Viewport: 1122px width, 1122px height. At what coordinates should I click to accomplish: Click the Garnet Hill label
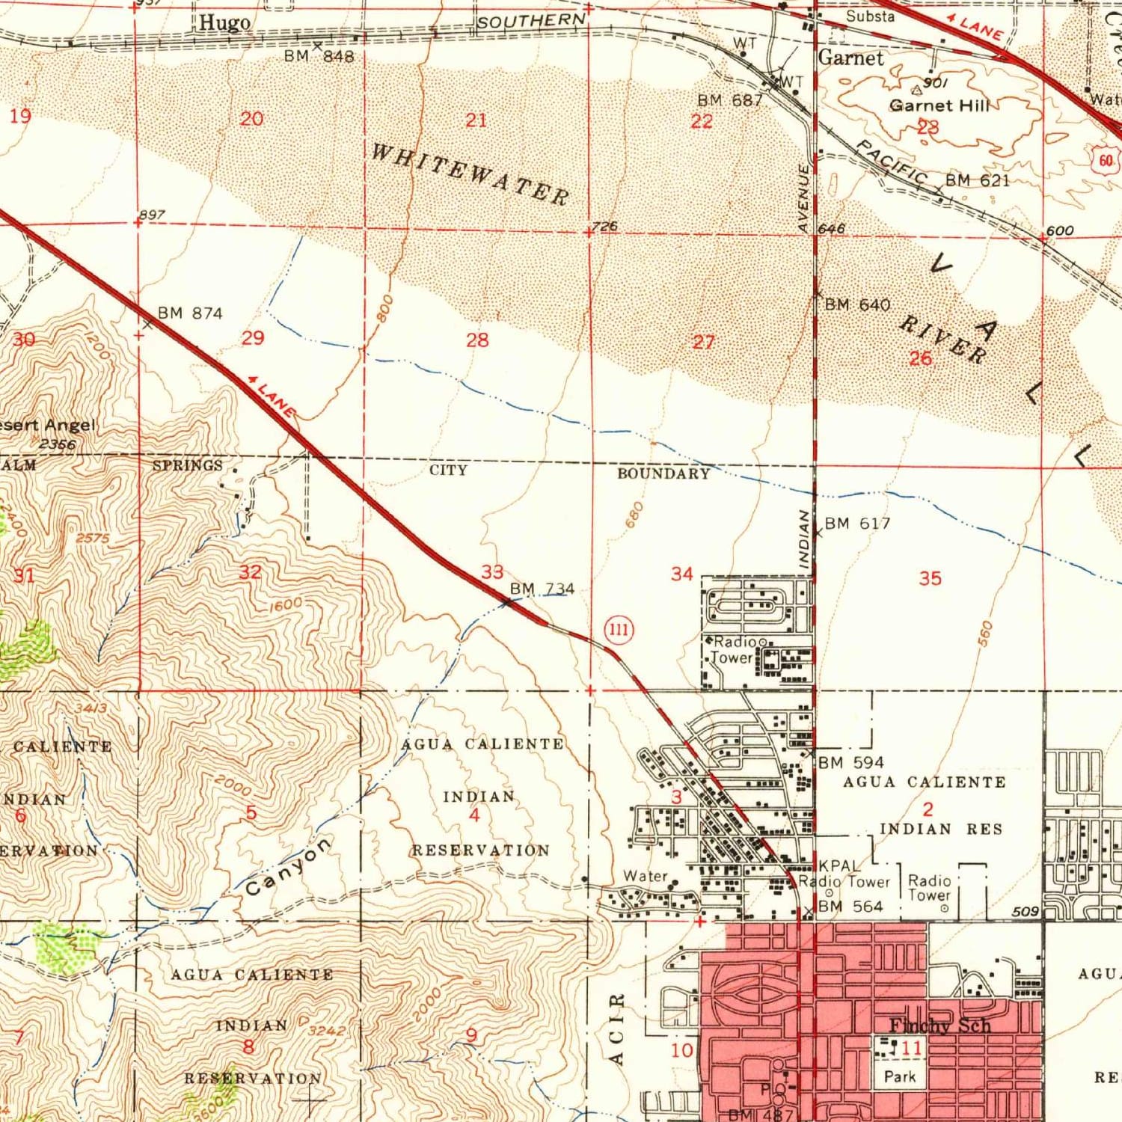click(x=939, y=106)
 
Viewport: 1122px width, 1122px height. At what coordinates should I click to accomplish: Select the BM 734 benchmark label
click(x=542, y=589)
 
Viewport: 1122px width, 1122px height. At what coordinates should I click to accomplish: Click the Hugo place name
click(x=224, y=23)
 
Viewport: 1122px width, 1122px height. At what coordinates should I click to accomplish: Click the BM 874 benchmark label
click(x=190, y=313)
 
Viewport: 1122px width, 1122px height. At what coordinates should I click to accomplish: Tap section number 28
click(x=477, y=340)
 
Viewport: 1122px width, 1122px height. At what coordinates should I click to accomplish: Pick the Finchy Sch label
click(x=939, y=1026)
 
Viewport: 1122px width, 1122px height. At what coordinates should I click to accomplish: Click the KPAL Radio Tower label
click(x=844, y=874)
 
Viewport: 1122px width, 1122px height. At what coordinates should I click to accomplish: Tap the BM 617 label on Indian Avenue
click(x=857, y=523)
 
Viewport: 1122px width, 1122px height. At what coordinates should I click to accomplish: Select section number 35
click(x=930, y=577)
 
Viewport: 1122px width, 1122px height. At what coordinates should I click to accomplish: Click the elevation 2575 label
click(x=93, y=538)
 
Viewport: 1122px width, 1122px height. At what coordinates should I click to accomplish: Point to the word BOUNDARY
click(x=663, y=473)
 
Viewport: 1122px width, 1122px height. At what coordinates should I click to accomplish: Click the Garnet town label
click(x=850, y=58)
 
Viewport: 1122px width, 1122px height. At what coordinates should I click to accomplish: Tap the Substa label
click(x=870, y=16)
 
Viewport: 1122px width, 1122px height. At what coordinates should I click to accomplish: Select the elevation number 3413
click(x=91, y=708)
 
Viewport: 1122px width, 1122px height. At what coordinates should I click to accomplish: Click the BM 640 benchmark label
click(x=857, y=304)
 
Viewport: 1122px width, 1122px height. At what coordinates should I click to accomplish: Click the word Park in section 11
click(x=899, y=1076)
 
